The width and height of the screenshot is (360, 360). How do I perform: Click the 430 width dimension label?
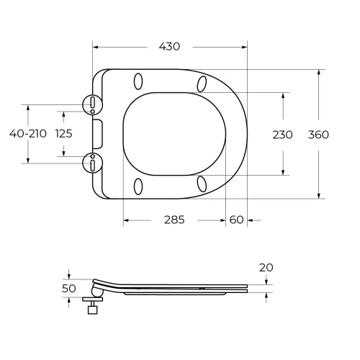pyautogui.click(x=169, y=47)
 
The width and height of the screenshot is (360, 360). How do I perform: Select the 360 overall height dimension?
pyautogui.click(x=318, y=135)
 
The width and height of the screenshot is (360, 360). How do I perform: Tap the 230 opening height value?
pyautogui.click(x=282, y=135)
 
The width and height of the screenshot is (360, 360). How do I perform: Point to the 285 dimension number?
pyautogui.click(x=174, y=220)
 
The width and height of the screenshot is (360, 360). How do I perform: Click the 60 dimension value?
pyautogui.click(x=236, y=220)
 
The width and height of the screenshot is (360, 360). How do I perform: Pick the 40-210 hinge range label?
pyautogui.click(x=28, y=134)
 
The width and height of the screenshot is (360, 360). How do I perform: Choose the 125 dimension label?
pyautogui.click(x=64, y=134)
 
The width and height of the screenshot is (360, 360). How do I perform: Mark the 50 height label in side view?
pyautogui.click(x=69, y=289)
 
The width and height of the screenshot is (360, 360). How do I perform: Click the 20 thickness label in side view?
pyautogui.click(x=266, y=268)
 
